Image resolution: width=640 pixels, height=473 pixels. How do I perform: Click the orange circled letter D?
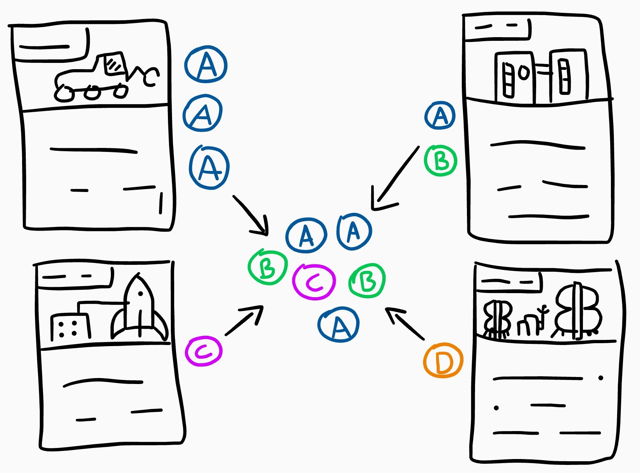[443, 360]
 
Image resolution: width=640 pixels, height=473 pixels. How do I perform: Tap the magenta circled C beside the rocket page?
[204, 351]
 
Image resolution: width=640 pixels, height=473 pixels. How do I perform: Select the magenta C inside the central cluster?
[314, 282]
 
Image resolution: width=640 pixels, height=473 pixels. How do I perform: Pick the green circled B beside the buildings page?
[440, 161]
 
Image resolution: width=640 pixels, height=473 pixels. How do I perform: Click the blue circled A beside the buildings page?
[440, 116]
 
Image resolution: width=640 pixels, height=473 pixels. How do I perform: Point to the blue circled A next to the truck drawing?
[206, 65]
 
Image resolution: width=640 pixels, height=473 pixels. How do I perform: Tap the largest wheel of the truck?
[64, 93]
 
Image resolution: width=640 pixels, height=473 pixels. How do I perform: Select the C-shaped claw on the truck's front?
[151, 77]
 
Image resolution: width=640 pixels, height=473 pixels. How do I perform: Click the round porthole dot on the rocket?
[140, 294]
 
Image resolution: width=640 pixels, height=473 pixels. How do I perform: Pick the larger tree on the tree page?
[578, 310]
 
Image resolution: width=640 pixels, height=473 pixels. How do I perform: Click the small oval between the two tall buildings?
[524, 72]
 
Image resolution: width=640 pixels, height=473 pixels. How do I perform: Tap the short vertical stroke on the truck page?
[161, 203]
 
